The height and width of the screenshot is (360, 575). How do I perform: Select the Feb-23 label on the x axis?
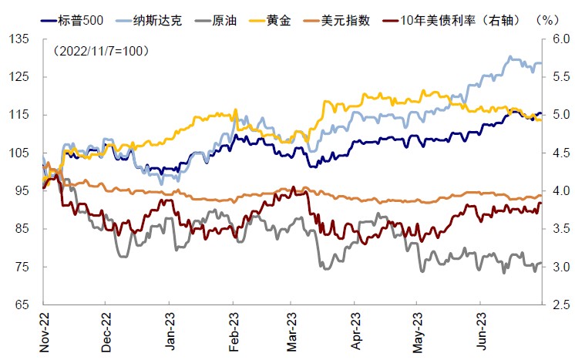(x=231, y=333)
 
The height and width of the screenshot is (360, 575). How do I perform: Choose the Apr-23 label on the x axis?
(x=355, y=333)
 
